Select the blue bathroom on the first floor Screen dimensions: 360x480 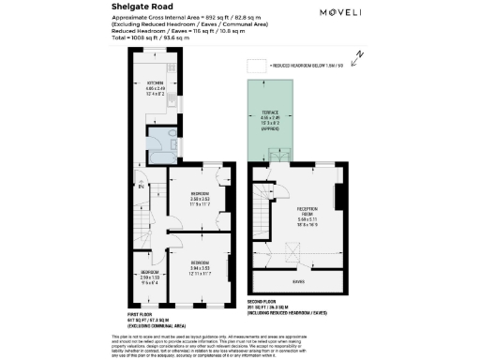tap(170, 140)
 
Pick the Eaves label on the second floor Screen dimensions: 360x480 tap(300, 281)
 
